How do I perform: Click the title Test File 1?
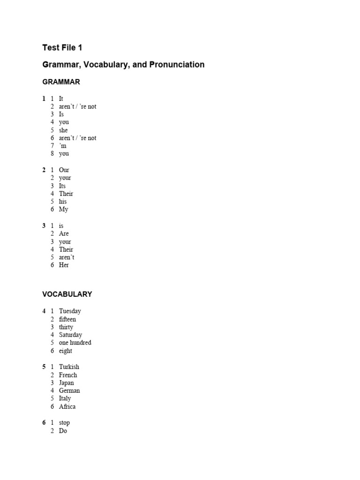coord(62,47)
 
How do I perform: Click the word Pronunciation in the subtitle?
coord(177,65)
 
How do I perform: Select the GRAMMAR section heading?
coord(61,82)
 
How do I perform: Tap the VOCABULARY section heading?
coord(67,294)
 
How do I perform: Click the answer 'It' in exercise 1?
coord(61,99)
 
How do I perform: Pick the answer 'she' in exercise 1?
coord(63,130)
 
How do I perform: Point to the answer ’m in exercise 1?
coord(62,146)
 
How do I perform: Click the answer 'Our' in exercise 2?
coord(64,170)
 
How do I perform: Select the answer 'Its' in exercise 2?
coord(62,186)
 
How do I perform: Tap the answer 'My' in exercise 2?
coord(63,210)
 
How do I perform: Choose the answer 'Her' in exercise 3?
coord(64,265)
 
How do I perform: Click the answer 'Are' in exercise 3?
coord(64,233)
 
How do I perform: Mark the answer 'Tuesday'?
coord(70,311)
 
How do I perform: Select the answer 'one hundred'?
coord(75,343)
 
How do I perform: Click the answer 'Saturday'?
coord(70,335)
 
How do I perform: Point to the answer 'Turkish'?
coord(69,367)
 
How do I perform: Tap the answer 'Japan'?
coord(66,383)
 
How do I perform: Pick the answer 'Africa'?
coord(67,407)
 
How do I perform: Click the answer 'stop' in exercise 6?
coord(64,423)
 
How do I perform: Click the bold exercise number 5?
coord(44,367)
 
